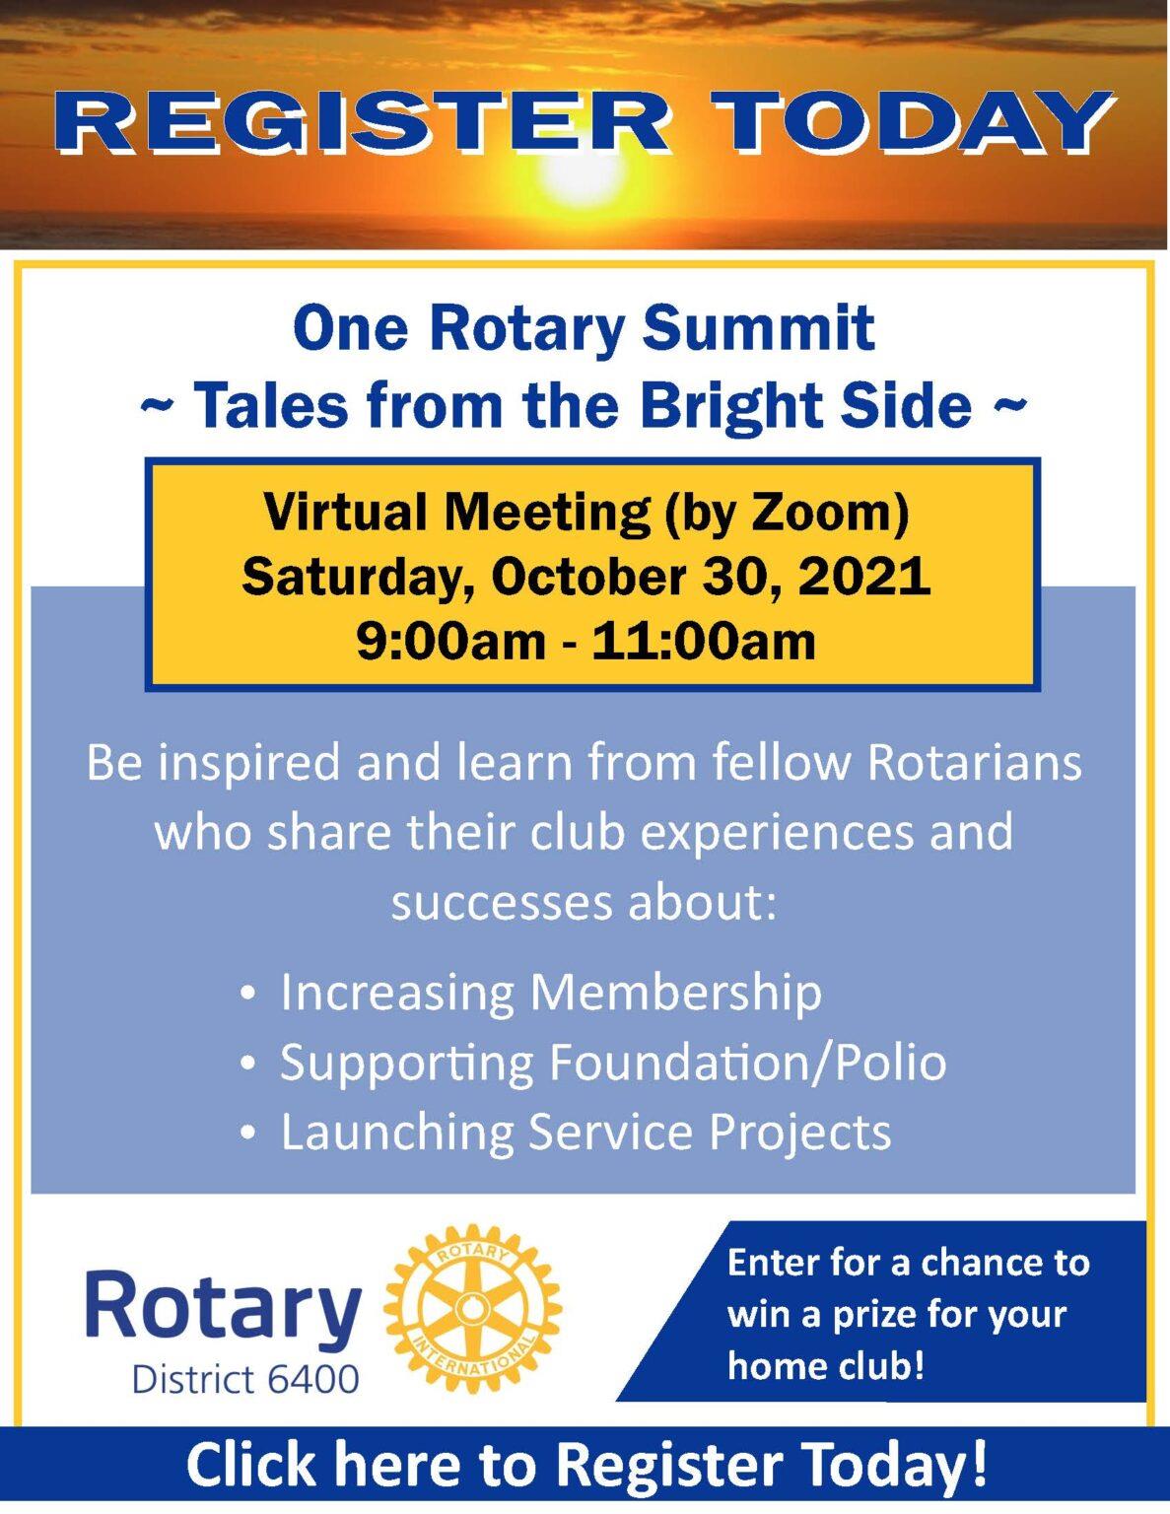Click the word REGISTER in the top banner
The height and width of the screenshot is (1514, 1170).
point(369,125)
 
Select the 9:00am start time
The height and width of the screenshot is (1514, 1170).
point(449,641)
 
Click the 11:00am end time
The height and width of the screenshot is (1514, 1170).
point(704,641)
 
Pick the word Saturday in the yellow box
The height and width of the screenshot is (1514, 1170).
point(356,578)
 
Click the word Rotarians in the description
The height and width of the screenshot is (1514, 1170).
point(974,762)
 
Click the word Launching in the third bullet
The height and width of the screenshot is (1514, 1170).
point(397,1133)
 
